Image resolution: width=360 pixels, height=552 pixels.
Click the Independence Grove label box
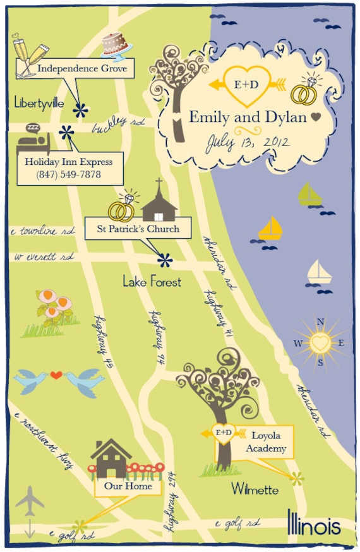(x=83, y=68)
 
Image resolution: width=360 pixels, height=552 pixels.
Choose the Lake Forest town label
(x=152, y=282)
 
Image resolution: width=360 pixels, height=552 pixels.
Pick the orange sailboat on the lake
(x=270, y=228)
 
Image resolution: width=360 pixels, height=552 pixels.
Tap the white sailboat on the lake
(x=319, y=273)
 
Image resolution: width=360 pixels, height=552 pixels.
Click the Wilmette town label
(x=255, y=488)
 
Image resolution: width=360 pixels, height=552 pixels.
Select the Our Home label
(x=128, y=487)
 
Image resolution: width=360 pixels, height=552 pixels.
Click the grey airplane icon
(x=30, y=503)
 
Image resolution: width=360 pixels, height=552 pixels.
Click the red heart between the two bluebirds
(x=56, y=375)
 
